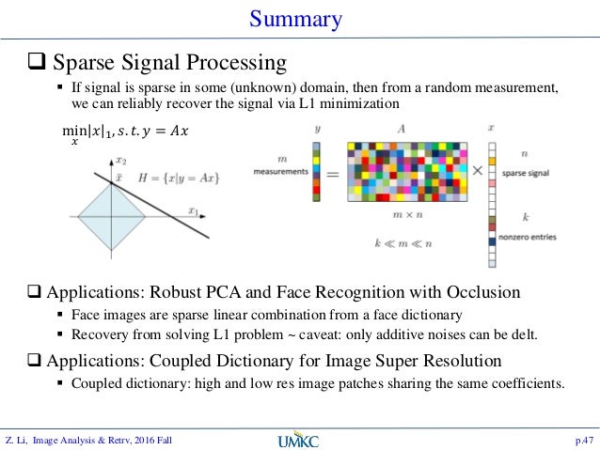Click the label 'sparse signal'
point(526,174)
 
